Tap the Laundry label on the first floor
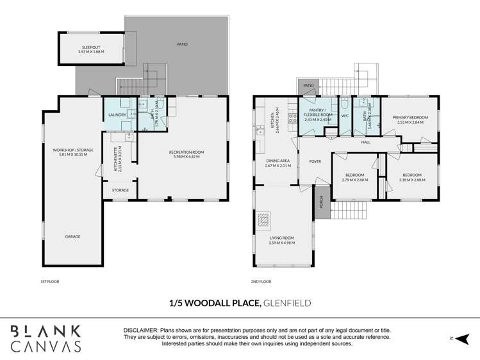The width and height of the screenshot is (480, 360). pos(117,115)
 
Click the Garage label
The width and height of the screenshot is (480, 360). pos(72,236)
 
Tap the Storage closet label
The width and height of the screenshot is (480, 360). pos(120,190)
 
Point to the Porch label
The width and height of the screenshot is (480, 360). pos(320,202)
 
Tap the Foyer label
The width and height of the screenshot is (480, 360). pos(315,161)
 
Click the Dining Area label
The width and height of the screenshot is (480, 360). pos(277,163)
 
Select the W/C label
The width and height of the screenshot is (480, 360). pos(344,116)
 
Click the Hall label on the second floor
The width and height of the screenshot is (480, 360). pos(366,142)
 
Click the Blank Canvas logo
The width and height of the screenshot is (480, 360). pos(46,338)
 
